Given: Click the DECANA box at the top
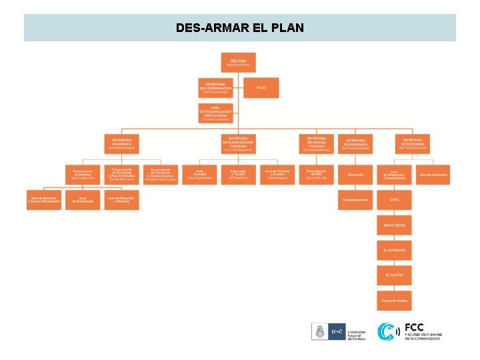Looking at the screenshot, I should [x=238, y=63].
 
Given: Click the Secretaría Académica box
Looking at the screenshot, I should [x=121, y=144].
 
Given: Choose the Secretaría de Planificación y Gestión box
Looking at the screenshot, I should [x=238, y=144].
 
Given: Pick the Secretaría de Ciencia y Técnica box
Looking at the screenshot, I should [x=316, y=144].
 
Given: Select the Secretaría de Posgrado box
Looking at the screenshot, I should [x=355, y=144].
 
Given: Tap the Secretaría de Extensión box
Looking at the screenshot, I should [x=413, y=144].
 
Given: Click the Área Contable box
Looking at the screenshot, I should [x=199, y=175].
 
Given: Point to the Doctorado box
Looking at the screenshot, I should [x=355, y=175].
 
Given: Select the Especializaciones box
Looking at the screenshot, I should [x=355, y=200].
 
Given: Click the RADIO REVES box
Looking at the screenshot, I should [x=394, y=225].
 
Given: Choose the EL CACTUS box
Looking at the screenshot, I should [x=394, y=275].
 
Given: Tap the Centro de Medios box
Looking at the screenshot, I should [x=394, y=301].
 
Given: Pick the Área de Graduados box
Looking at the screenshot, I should [x=433, y=175].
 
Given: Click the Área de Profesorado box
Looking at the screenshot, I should [x=83, y=200].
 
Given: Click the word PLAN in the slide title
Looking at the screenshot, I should [x=288, y=28].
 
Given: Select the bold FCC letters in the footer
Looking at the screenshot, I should [x=414, y=328].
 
